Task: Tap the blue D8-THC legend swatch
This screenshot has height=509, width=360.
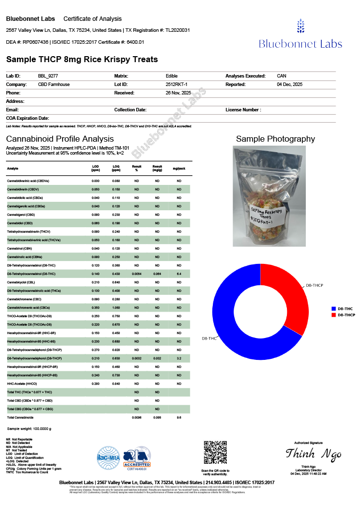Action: click(x=334, y=309)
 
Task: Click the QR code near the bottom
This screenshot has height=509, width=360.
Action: click(x=215, y=452)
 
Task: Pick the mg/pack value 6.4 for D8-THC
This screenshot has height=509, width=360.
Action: click(x=179, y=274)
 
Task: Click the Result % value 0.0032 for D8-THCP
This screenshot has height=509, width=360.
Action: click(x=137, y=357)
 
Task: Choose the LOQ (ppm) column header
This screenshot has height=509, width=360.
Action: click(x=116, y=168)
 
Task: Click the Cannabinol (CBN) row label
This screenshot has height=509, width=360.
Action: click(x=20, y=248)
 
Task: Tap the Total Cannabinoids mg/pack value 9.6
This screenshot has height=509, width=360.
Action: click(x=179, y=417)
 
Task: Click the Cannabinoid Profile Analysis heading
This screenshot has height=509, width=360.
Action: click(x=60, y=139)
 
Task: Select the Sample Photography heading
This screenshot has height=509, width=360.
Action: click(x=275, y=139)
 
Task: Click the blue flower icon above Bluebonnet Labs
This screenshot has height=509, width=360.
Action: click(x=300, y=26)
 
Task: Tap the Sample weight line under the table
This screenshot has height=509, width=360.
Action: click(x=29, y=428)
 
